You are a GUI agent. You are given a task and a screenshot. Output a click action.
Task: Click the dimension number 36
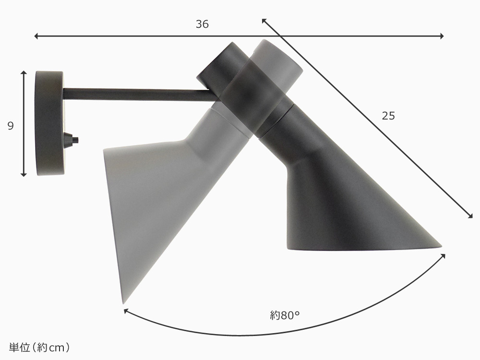(x=202, y=24)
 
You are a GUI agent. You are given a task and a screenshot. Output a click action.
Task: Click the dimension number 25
(x=388, y=116)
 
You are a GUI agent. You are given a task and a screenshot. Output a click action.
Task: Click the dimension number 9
(x=11, y=126)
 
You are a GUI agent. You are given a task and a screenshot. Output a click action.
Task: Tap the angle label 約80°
(x=284, y=315)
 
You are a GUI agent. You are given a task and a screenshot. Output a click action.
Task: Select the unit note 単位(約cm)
(x=39, y=348)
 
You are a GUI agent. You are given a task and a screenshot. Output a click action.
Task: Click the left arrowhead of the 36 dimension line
(x=36, y=36)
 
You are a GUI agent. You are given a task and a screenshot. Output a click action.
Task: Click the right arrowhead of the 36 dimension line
(x=442, y=36)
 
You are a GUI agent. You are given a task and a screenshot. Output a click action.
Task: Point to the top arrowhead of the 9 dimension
(x=24, y=73)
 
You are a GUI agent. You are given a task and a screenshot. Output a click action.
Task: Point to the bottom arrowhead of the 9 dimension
(x=24, y=175)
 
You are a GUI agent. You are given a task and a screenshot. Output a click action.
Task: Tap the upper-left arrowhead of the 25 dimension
(x=264, y=21)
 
